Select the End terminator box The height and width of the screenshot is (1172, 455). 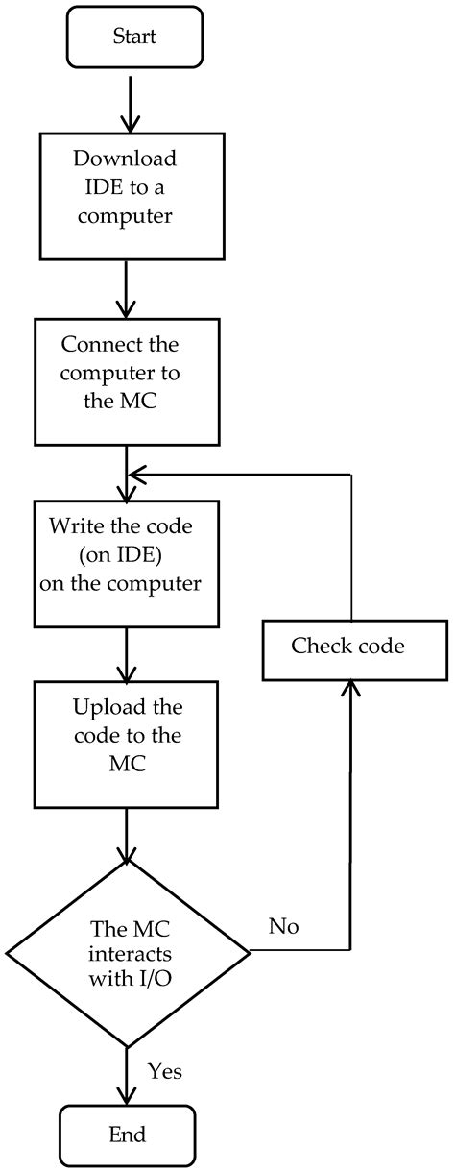[127, 1135]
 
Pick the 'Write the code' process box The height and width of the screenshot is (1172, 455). [127, 562]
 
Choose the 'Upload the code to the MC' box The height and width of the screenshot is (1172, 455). [127, 744]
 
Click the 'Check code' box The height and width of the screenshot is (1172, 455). [347, 646]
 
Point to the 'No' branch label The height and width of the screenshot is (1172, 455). [284, 927]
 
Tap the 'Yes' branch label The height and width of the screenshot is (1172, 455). [165, 1070]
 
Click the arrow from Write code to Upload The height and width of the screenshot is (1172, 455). [127, 655]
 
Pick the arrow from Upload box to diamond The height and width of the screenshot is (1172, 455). [127, 836]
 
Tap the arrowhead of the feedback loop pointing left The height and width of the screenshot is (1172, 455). [138, 474]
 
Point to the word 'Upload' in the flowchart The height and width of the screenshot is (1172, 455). [103, 708]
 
